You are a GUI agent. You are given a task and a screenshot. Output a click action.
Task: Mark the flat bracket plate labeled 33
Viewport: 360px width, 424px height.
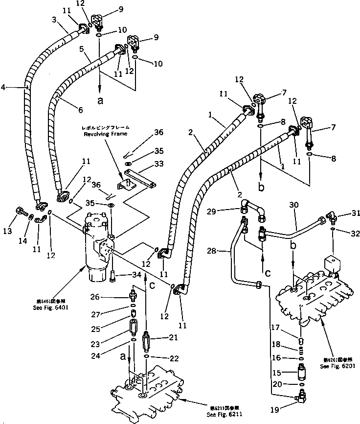(x=138, y=178)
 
